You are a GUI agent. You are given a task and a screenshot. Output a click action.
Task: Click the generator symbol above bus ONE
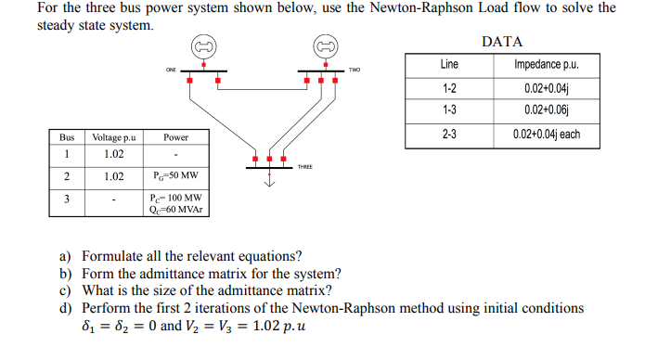(204, 46)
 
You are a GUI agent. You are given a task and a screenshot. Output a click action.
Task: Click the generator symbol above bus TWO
(324, 46)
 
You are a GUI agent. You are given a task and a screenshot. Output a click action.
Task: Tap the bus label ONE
(171, 70)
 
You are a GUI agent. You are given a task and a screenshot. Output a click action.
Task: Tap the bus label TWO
(355, 70)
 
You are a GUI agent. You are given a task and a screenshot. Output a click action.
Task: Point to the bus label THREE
(305, 167)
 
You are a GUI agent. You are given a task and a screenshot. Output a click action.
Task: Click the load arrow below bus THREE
(271, 181)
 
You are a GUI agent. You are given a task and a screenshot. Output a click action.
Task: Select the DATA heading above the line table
(502, 42)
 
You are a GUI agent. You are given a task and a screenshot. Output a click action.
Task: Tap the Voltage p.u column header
(114, 137)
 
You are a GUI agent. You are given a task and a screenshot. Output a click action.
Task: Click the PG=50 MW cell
(175, 176)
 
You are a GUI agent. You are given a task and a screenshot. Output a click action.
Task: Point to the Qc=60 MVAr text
(175, 209)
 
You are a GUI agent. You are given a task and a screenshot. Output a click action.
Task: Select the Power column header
(175, 137)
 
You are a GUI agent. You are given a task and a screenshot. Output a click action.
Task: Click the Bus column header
(67, 137)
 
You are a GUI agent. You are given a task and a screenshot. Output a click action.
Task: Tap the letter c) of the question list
(66, 290)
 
